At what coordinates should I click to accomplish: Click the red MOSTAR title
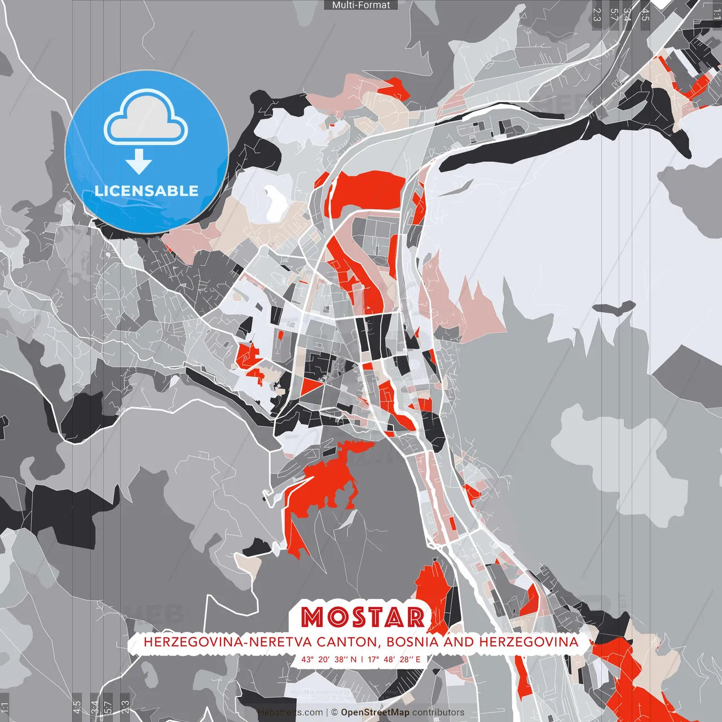[x=363, y=617]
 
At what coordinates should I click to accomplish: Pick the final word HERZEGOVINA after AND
[x=529, y=642]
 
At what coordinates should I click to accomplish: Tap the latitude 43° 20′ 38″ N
[x=329, y=659]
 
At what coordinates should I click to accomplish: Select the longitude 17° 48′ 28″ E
[x=394, y=659]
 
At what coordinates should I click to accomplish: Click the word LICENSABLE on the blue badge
[x=147, y=191]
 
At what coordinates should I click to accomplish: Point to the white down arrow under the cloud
[x=139, y=161]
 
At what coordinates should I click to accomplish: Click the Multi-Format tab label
[x=361, y=5]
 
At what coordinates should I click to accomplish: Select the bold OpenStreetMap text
[x=375, y=712]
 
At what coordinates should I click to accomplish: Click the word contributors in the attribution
[x=438, y=712]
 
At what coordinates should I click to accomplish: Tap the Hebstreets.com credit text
[x=290, y=712]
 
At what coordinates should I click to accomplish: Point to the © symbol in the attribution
[x=334, y=712]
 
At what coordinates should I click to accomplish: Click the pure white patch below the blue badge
[x=275, y=203]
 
